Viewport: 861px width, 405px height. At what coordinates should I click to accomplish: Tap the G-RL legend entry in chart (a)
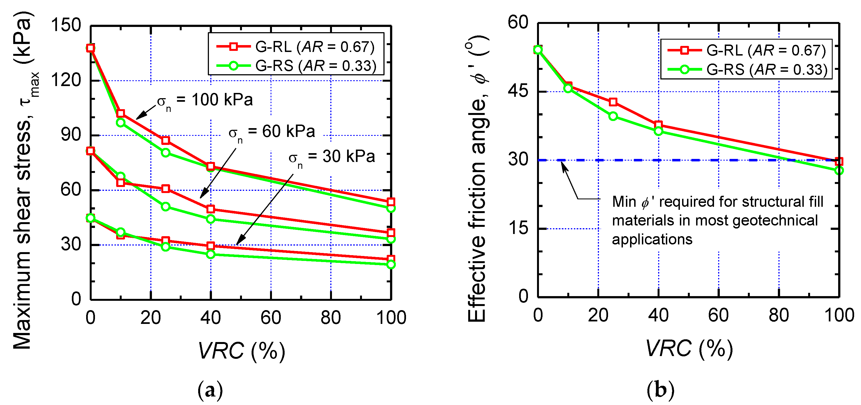tap(296, 47)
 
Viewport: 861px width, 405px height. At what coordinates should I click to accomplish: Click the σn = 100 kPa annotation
tap(205, 100)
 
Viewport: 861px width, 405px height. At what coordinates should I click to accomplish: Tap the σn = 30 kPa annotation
tap(332, 157)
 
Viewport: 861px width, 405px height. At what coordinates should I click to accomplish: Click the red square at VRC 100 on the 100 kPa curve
tap(391, 202)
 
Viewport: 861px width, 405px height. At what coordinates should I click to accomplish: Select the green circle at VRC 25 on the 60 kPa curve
tap(165, 207)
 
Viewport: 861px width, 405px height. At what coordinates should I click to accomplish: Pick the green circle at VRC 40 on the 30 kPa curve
tap(211, 254)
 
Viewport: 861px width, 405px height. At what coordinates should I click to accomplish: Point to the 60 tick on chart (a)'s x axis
tap(271, 318)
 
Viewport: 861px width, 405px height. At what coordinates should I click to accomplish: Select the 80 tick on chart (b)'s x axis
tap(779, 316)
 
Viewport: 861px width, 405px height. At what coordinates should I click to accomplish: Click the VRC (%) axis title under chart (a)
tap(241, 351)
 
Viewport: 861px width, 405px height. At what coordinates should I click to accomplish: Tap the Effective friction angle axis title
tap(477, 180)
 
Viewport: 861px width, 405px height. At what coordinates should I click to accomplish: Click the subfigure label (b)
tap(660, 390)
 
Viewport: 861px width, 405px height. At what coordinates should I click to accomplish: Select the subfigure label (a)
tap(210, 390)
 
